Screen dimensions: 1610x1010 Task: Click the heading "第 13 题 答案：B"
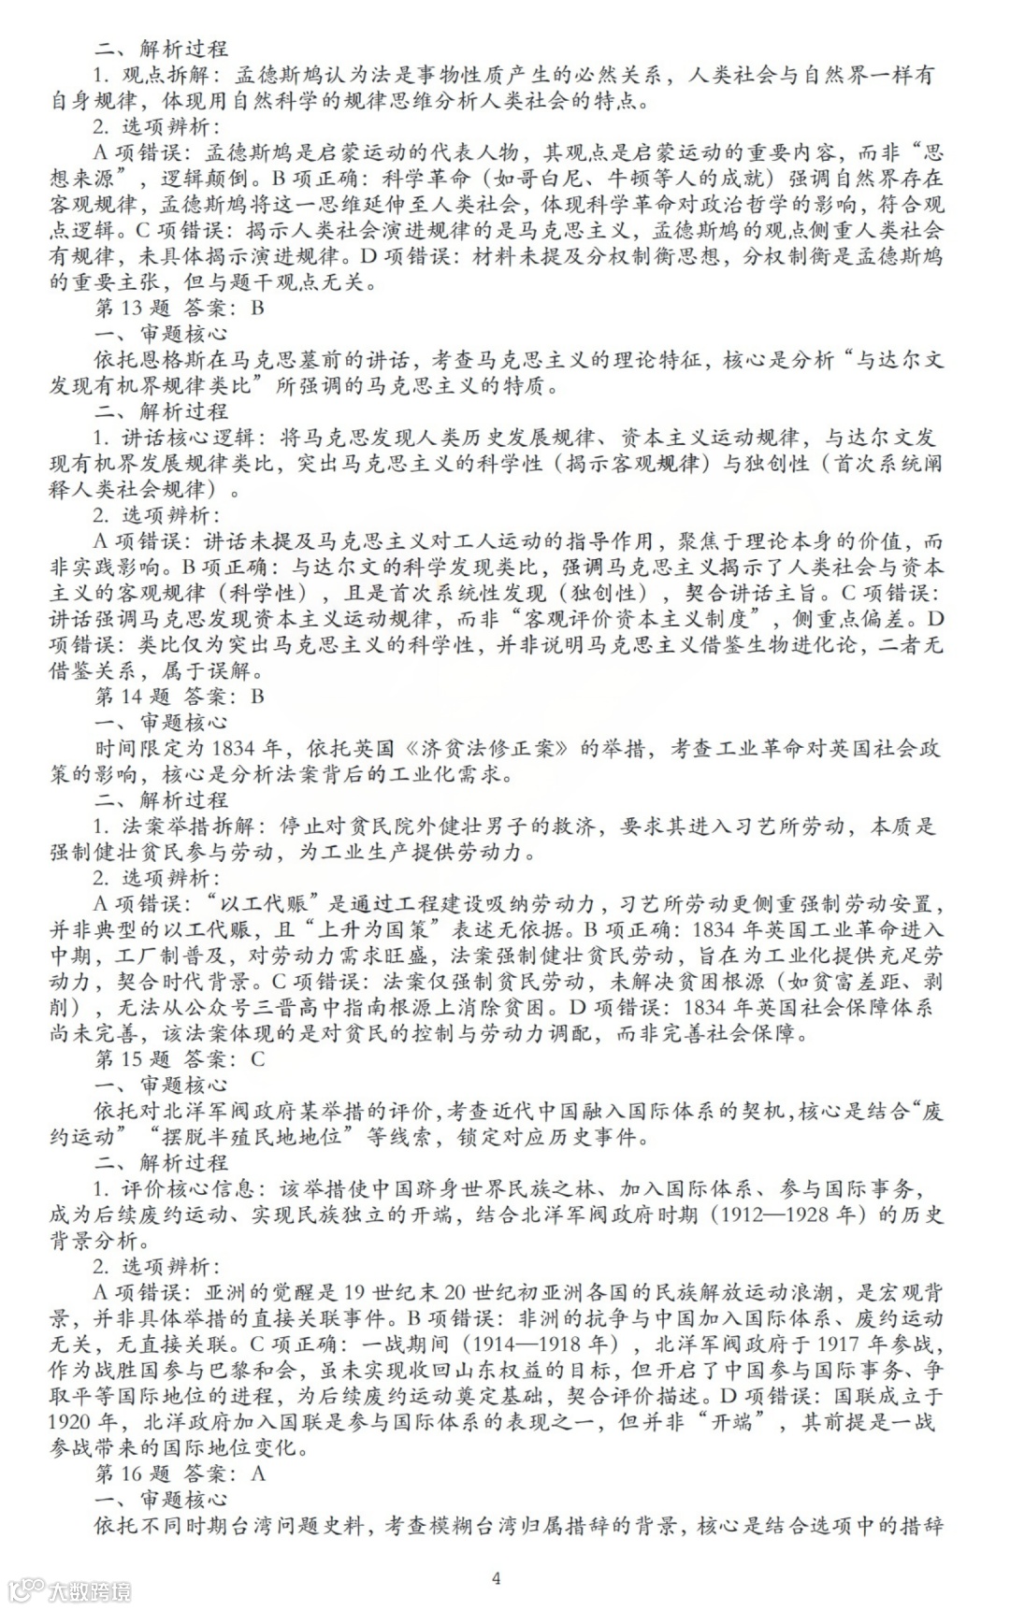point(180,308)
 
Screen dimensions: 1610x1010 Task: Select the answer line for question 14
point(180,697)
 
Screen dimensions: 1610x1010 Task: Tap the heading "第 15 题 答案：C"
point(180,1059)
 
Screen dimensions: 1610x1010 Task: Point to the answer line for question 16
point(180,1473)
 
